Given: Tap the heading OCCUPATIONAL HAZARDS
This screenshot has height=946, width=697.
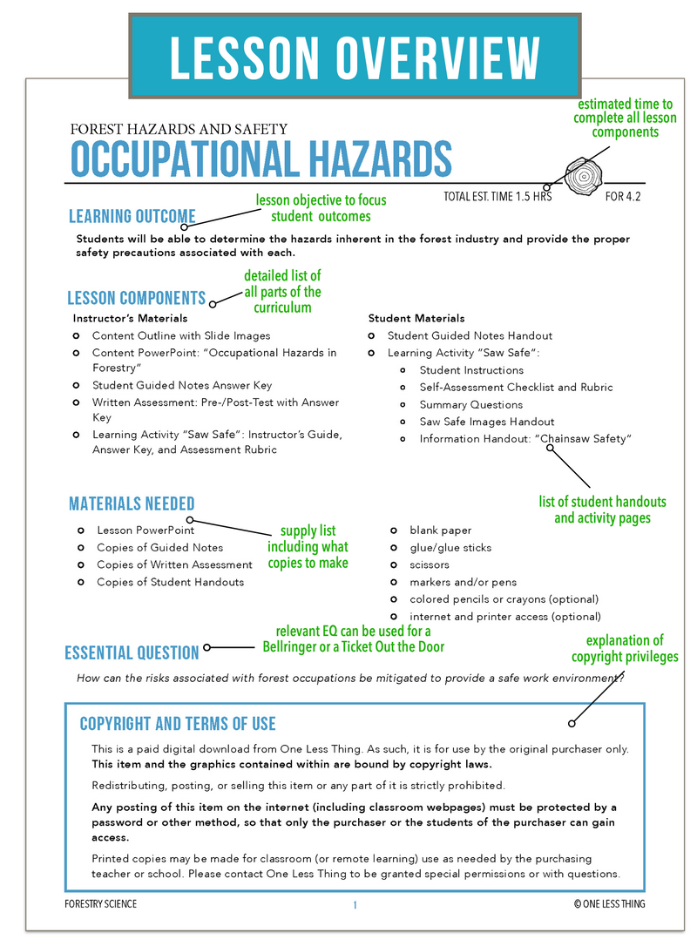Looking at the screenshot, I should point(261,159).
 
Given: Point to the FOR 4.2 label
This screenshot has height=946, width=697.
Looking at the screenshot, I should point(623,197).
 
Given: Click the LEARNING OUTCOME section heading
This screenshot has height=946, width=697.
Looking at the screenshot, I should point(132,217).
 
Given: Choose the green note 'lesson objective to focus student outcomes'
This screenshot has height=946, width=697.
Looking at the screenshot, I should point(321,208).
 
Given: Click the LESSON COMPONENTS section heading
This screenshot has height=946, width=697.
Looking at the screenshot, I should point(137,298).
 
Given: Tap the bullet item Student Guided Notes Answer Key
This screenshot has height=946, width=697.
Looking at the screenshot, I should point(182,385).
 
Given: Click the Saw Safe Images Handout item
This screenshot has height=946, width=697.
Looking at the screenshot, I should point(486,422).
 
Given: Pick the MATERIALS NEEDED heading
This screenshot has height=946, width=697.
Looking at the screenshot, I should point(132,503).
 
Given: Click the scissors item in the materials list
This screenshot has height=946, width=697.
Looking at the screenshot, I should point(430,564).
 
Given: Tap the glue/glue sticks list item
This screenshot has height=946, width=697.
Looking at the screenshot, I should point(450,547).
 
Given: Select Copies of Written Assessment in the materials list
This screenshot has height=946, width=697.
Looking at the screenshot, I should point(174,564).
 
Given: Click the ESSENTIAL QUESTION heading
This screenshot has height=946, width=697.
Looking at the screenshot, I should point(132,652).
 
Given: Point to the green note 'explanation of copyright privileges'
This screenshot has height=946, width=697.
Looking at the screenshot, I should point(624,648).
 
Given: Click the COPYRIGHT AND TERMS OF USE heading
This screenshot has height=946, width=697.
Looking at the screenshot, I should point(178,724).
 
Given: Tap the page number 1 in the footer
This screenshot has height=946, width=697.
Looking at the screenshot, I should point(355,905).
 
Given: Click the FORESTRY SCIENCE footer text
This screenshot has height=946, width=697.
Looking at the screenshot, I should point(100,904).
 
